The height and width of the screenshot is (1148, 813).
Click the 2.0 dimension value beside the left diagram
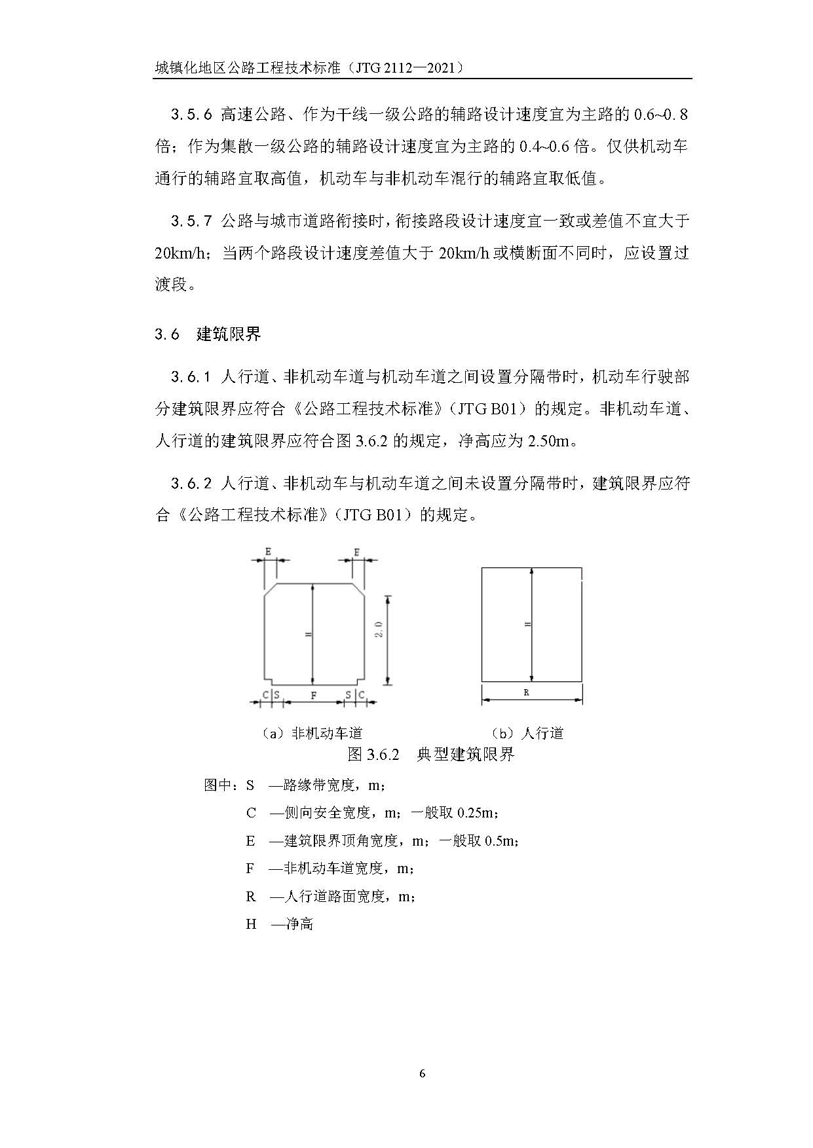coord(379,629)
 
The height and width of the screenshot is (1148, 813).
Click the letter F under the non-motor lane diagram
coord(314,695)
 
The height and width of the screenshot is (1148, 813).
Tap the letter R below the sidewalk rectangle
coord(527,692)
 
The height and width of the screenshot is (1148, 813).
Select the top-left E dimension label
coord(268,552)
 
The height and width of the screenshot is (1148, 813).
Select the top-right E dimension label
coord(356,552)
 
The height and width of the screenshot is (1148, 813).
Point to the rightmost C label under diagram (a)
coord(362,695)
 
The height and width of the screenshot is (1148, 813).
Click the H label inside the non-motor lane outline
coord(308,634)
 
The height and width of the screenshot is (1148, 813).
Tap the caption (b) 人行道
coord(527,734)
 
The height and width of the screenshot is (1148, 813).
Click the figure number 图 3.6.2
coord(373,754)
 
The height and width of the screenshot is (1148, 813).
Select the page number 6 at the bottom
coord(422,1073)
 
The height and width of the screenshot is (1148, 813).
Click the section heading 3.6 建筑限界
coord(208,334)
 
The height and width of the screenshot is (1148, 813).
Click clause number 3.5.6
coord(191,115)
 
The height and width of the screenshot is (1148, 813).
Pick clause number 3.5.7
coord(191,221)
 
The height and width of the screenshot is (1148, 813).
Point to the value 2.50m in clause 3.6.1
coord(548,441)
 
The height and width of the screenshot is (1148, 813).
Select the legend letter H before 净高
coord(251,924)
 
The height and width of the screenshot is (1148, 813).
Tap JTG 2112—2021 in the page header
coord(408,67)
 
